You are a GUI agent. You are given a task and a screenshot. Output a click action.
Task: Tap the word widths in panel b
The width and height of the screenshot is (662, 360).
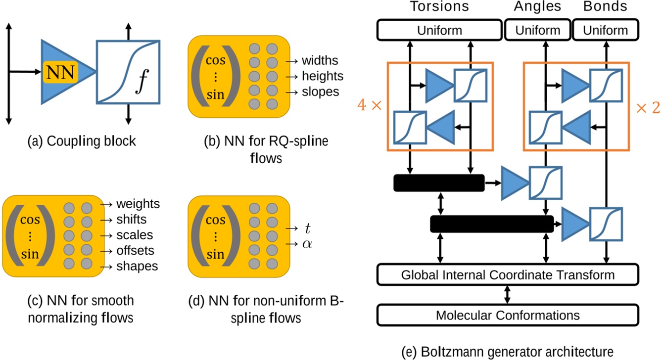[x=320, y=61]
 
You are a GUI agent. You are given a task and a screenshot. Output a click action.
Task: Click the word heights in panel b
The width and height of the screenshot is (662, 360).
[x=322, y=76]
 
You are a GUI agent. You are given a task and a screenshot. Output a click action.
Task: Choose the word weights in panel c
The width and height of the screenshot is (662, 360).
[x=138, y=204]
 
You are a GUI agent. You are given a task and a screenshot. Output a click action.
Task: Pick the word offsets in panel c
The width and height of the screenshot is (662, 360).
[x=135, y=250]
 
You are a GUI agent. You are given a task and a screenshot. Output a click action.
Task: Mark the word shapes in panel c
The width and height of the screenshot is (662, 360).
[x=137, y=266]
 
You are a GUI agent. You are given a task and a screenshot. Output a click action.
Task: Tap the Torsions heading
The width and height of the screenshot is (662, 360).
[x=439, y=7]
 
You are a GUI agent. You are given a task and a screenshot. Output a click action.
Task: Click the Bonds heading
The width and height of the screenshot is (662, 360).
[x=605, y=7]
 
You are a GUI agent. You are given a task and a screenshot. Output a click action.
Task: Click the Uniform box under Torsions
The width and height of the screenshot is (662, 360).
[x=439, y=30]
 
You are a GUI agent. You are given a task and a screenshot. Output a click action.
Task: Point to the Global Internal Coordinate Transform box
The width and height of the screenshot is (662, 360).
[x=508, y=274]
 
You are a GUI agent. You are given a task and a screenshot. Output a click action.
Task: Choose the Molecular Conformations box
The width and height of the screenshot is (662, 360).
[x=508, y=315]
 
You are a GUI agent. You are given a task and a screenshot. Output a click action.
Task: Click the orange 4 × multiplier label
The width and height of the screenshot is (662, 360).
[x=369, y=107]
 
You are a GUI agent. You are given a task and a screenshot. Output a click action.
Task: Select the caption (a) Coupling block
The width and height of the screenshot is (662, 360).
[x=83, y=141]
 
